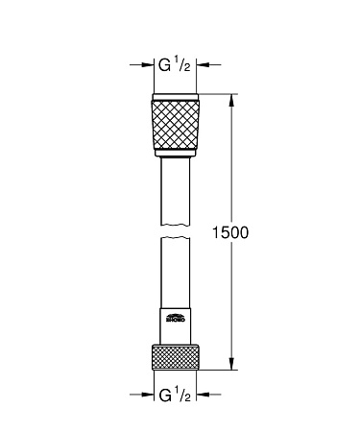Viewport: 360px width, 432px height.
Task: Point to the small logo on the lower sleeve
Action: (x=176, y=321)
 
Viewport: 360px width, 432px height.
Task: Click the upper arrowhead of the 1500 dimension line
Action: (x=231, y=98)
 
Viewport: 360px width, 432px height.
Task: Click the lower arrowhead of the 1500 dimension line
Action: (x=231, y=364)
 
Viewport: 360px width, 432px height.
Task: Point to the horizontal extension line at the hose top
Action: (x=219, y=93)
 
